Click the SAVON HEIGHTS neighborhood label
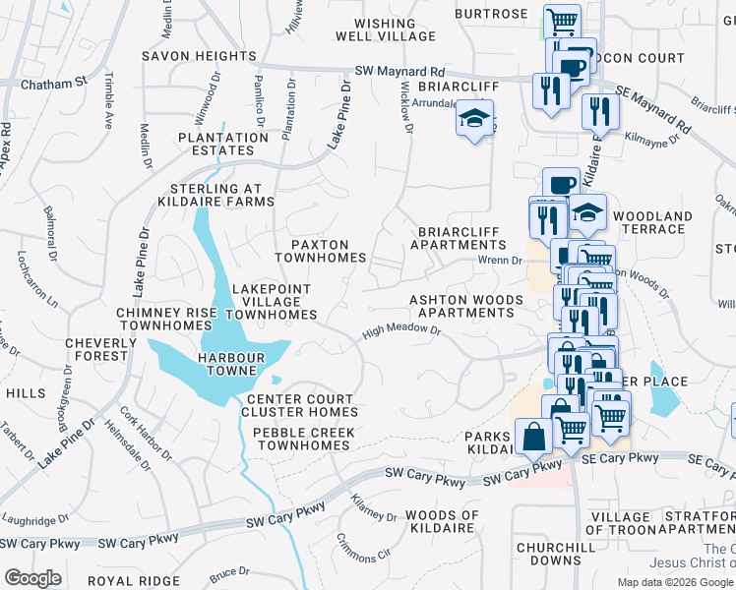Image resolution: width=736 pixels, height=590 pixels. (x=199, y=56)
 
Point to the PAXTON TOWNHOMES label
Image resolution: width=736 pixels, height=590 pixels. (x=320, y=250)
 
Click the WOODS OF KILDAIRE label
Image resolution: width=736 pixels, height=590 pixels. (x=442, y=522)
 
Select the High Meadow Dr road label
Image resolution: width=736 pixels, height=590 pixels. (x=400, y=331)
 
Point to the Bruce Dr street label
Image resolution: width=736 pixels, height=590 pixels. (x=230, y=572)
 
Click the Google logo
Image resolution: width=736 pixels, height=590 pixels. (x=32, y=578)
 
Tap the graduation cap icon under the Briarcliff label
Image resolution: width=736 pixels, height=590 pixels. (x=474, y=120)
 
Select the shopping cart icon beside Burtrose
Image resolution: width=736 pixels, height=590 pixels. (x=561, y=21)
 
